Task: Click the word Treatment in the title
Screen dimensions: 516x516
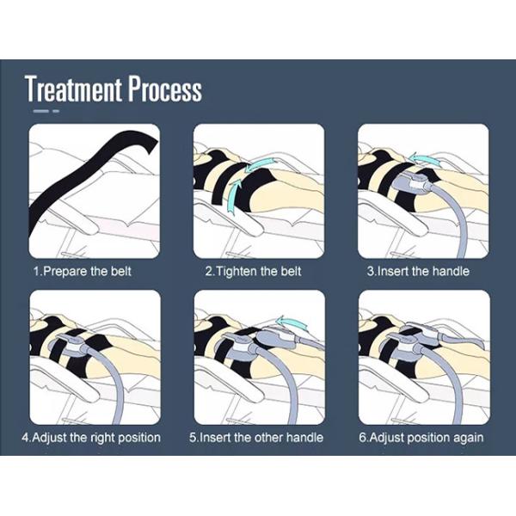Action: [73, 89]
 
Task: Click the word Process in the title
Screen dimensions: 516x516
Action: [165, 89]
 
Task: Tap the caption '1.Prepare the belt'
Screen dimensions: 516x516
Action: [82, 272]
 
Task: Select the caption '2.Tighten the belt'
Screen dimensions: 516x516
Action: [253, 272]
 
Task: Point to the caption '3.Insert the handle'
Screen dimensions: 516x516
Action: [418, 272]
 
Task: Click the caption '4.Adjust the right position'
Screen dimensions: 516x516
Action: [91, 438]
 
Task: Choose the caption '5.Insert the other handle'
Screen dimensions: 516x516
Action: [256, 438]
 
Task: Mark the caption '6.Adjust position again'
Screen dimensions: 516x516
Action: [421, 438]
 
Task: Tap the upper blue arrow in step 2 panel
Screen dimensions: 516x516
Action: [260, 164]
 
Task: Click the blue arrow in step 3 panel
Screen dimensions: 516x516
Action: [425, 158]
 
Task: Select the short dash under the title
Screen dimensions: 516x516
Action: [56, 111]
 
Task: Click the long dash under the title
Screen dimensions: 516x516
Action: [41, 111]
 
